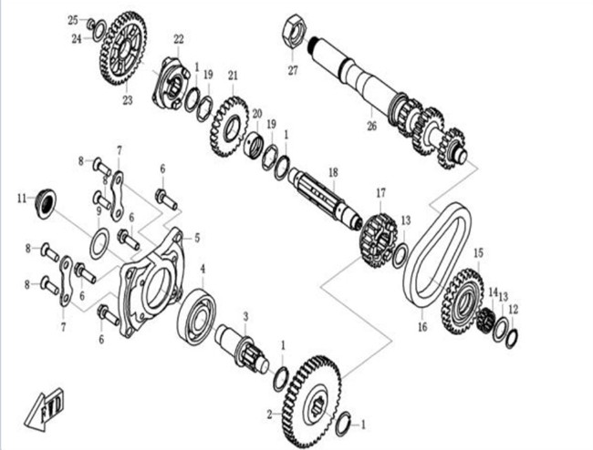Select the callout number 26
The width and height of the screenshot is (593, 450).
pyautogui.click(x=371, y=126)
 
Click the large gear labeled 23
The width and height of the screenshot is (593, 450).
pyautogui.click(x=124, y=48)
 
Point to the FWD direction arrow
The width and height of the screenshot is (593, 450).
pyautogui.click(x=46, y=409)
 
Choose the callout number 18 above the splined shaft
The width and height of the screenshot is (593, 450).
pyautogui.click(x=333, y=172)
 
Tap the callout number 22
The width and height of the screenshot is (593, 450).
pyautogui.click(x=179, y=38)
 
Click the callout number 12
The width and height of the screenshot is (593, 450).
pyautogui.click(x=513, y=310)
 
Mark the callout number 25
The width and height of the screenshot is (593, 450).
pyautogui.click(x=73, y=19)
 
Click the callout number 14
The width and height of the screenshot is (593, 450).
pyautogui.click(x=492, y=291)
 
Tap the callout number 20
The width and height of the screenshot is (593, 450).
pyautogui.click(x=257, y=114)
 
